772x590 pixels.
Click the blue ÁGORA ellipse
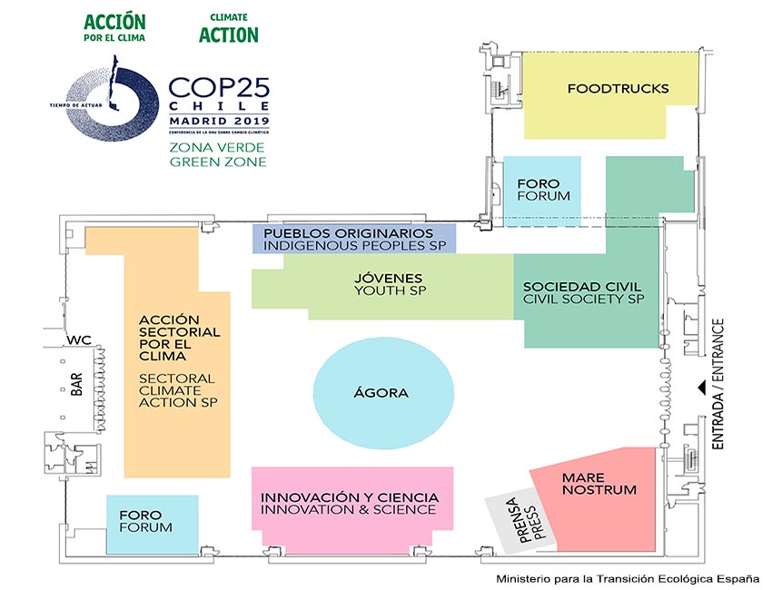tap(382, 392)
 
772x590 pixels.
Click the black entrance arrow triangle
tap(700, 388)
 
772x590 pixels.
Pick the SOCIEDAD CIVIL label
tap(583, 292)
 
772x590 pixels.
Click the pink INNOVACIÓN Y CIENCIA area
tap(351, 504)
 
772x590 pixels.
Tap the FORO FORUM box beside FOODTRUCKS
tap(543, 189)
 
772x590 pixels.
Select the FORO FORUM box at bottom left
tap(145, 521)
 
